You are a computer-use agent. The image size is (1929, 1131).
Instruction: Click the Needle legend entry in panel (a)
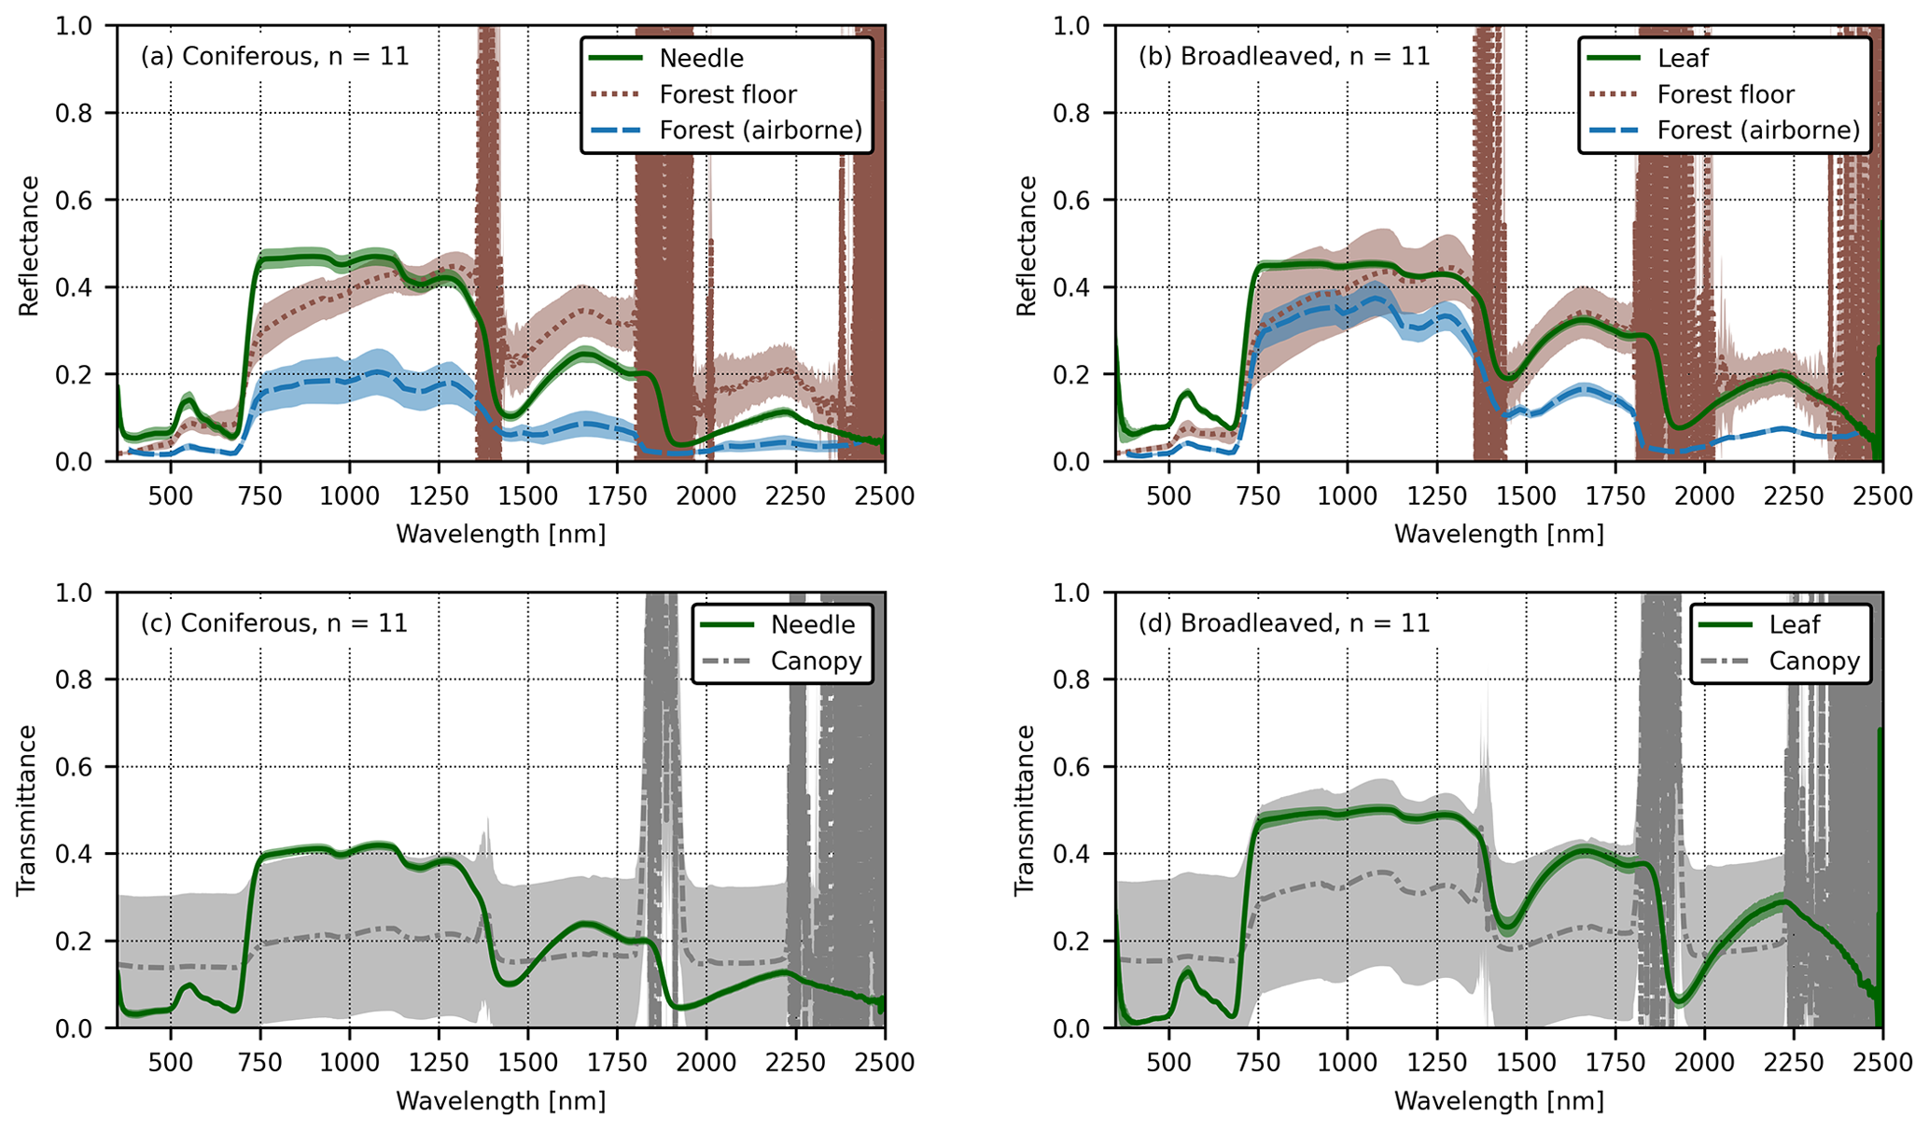701,58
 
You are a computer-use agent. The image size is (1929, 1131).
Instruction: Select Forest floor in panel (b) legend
1725,94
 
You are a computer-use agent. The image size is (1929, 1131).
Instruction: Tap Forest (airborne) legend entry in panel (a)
760,130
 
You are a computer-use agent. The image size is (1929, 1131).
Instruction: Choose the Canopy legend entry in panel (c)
815,661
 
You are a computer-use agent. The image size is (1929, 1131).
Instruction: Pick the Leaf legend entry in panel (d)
1794,623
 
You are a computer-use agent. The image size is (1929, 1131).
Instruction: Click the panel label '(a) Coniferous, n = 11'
274,56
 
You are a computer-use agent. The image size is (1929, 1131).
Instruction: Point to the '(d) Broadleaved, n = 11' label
1283,622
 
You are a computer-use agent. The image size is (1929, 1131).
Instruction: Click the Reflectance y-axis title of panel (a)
29,245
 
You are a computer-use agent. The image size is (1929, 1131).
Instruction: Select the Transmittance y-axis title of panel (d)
1026,810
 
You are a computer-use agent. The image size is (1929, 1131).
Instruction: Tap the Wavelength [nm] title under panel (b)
1499,534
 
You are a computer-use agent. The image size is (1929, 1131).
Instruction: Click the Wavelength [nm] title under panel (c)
501,1101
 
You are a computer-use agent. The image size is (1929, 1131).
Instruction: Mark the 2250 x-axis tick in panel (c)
795,1062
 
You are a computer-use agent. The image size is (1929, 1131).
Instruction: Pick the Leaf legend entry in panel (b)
1682,58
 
